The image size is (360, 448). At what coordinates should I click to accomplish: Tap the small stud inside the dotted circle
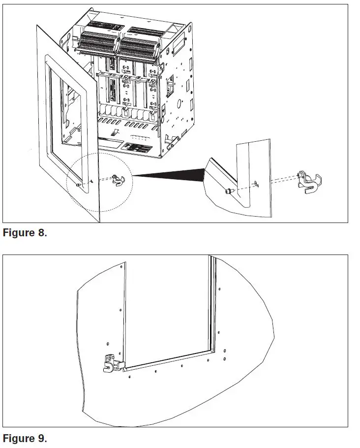[x=79, y=184]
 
